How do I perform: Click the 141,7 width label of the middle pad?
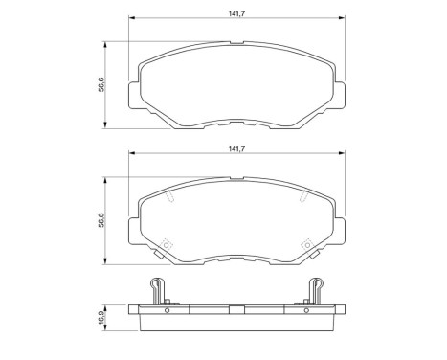click(238, 148)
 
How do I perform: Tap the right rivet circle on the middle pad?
click(307, 244)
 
